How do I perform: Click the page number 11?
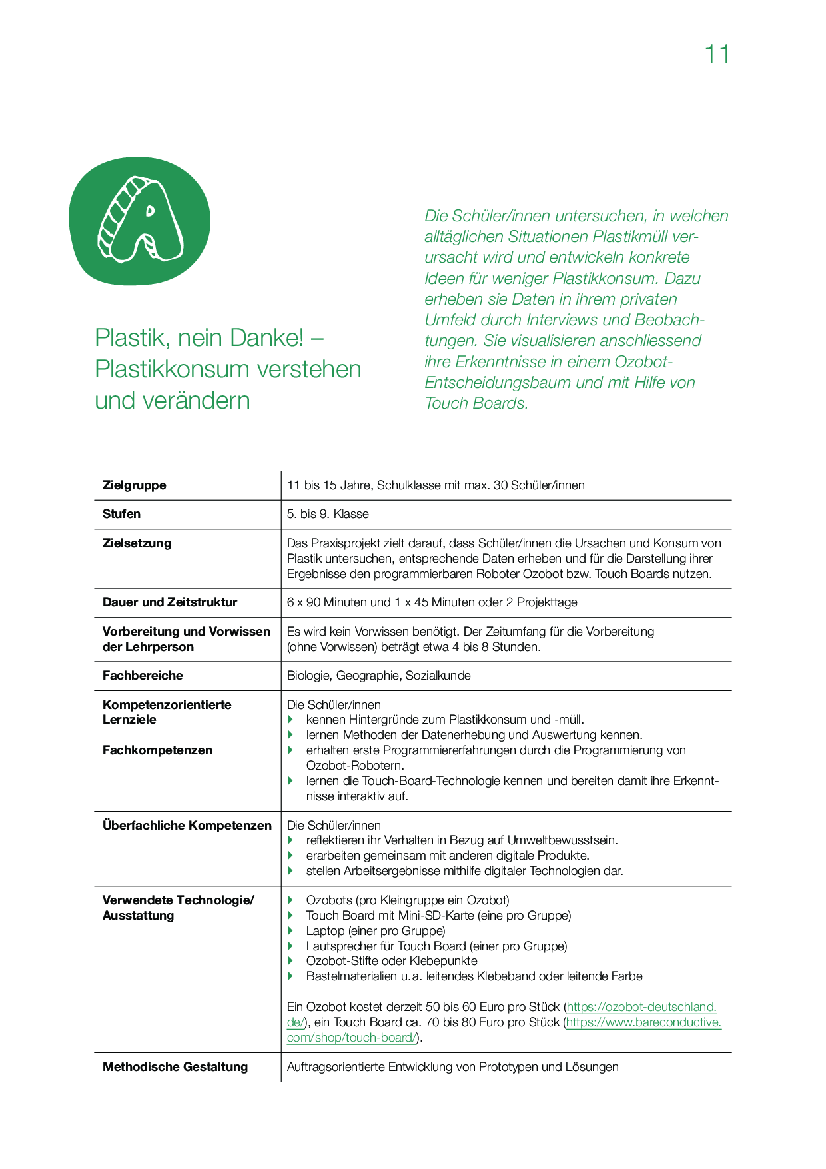[x=717, y=54]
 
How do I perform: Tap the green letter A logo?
[x=140, y=221]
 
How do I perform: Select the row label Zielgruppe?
[x=135, y=485]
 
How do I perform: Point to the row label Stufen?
[x=121, y=514]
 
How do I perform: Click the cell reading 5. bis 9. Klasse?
[x=328, y=514]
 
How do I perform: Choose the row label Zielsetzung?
[x=137, y=543]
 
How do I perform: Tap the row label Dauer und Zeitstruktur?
[x=170, y=602]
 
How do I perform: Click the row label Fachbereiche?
[x=143, y=676]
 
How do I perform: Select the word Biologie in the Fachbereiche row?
[x=308, y=676]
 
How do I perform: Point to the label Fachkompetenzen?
[x=157, y=750]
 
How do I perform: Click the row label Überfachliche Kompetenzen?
[x=187, y=826]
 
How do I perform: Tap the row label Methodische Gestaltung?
[x=175, y=1067]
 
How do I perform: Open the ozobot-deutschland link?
[x=641, y=1007]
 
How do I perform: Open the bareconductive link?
[x=643, y=1022]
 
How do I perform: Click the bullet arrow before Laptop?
[x=290, y=930]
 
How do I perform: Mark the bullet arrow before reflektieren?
[x=290, y=840]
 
